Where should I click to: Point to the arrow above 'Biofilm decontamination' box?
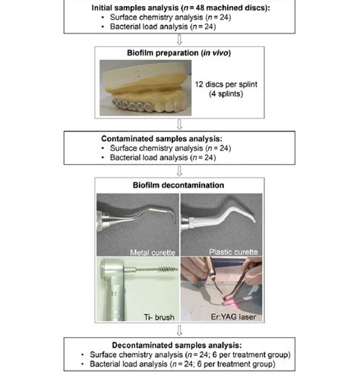tap(179, 170)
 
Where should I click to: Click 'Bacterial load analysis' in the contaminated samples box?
tap(147, 158)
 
